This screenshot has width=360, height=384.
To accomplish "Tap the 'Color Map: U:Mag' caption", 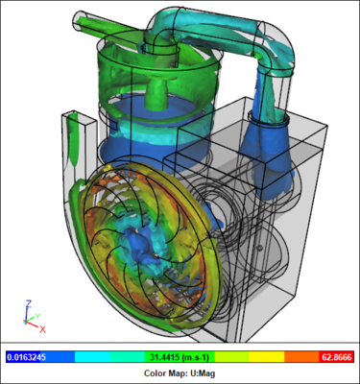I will coord(180,372).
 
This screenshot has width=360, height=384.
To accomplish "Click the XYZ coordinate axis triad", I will coord(28,313).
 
